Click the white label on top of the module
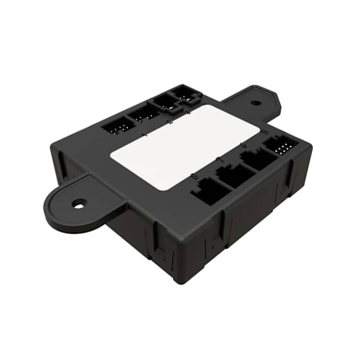point(184,146)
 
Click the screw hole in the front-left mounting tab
point(79,203)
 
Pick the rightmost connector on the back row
point(184,93)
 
